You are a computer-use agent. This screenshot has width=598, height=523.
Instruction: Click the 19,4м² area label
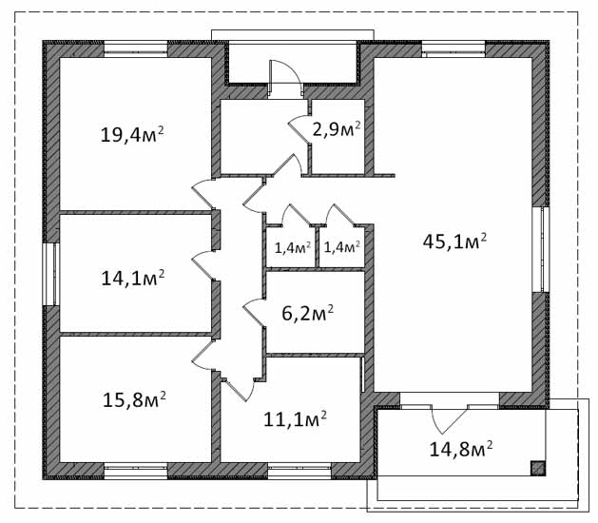click(x=132, y=134)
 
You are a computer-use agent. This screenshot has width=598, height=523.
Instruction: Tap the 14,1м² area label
click(x=133, y=278)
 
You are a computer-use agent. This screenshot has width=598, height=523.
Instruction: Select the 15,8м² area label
click(x=134, y=399)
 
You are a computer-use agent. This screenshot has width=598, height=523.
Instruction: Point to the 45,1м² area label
click(x=454, y=242)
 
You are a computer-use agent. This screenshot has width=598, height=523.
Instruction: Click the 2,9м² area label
click(x=337, y=129)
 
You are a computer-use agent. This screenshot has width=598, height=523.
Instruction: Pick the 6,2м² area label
click(x=307, y=313)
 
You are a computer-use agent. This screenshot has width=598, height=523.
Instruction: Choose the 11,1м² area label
click(x=295, y=418)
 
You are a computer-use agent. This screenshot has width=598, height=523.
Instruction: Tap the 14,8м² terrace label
click(x=461, y=449)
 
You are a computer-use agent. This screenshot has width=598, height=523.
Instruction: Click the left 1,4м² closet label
click(x=293, y=248)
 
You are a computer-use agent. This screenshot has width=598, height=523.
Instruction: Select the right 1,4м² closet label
click(x=341, y=247)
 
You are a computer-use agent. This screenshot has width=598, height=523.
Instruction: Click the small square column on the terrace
click(x=538, y=468)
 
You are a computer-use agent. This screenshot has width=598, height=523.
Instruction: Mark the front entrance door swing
click(x=285, y=79)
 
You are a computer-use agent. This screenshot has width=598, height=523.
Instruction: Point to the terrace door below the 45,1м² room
click(x=450, y=418)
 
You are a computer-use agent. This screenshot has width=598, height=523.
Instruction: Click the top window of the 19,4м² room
click(x=136, y=48)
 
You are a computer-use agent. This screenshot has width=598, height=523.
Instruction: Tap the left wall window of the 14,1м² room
click(x=51, y=274)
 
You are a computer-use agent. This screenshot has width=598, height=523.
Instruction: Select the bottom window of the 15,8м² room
click(x=136, y=471)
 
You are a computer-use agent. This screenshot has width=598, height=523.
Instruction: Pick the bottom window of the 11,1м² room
click(x=299, y=471)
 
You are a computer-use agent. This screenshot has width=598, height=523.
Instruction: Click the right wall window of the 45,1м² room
click(x=541, y=249)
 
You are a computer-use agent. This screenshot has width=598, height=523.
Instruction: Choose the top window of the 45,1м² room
click(x=453, y=48)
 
